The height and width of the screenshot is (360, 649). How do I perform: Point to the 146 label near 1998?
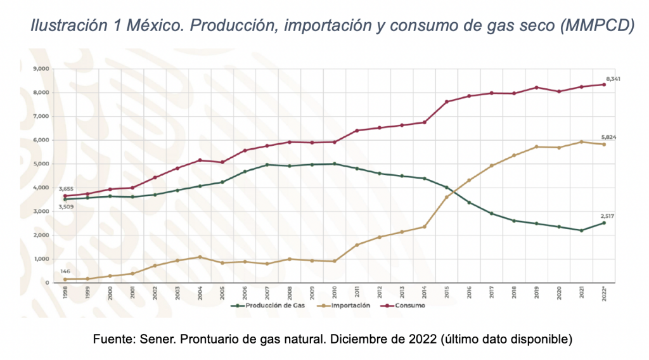[x=65, y=271]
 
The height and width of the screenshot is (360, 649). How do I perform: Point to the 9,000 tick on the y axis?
[x=41, y=68]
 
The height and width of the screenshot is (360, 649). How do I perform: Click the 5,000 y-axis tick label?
[x=41, y=164]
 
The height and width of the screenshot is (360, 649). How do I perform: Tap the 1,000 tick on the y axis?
[x=41, y=259]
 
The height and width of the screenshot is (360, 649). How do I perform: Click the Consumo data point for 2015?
[x=446, y=101]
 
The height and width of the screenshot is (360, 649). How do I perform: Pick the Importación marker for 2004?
[x=200, y=257]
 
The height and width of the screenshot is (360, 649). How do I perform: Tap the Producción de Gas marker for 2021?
[x=581, y=230]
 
